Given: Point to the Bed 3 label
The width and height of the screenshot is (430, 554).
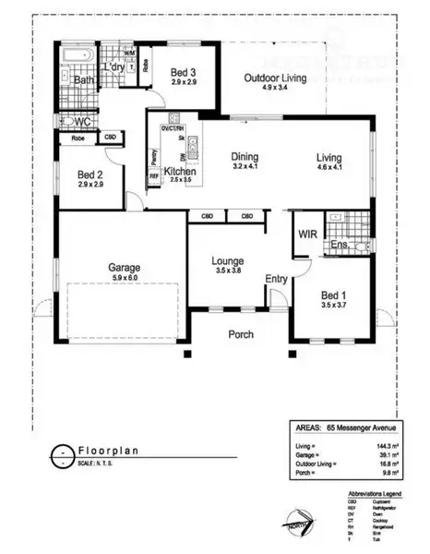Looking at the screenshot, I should pos(181,71).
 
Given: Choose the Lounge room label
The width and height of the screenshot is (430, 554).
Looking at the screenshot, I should pos(226,260).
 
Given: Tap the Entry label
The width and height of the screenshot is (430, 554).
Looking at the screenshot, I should pos(276,279).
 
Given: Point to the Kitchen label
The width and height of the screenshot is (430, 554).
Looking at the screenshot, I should pos(178,172).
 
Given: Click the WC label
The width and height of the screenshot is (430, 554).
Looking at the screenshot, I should pos(80,121).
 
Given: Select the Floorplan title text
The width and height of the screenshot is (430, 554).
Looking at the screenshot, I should pos(107,452).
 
